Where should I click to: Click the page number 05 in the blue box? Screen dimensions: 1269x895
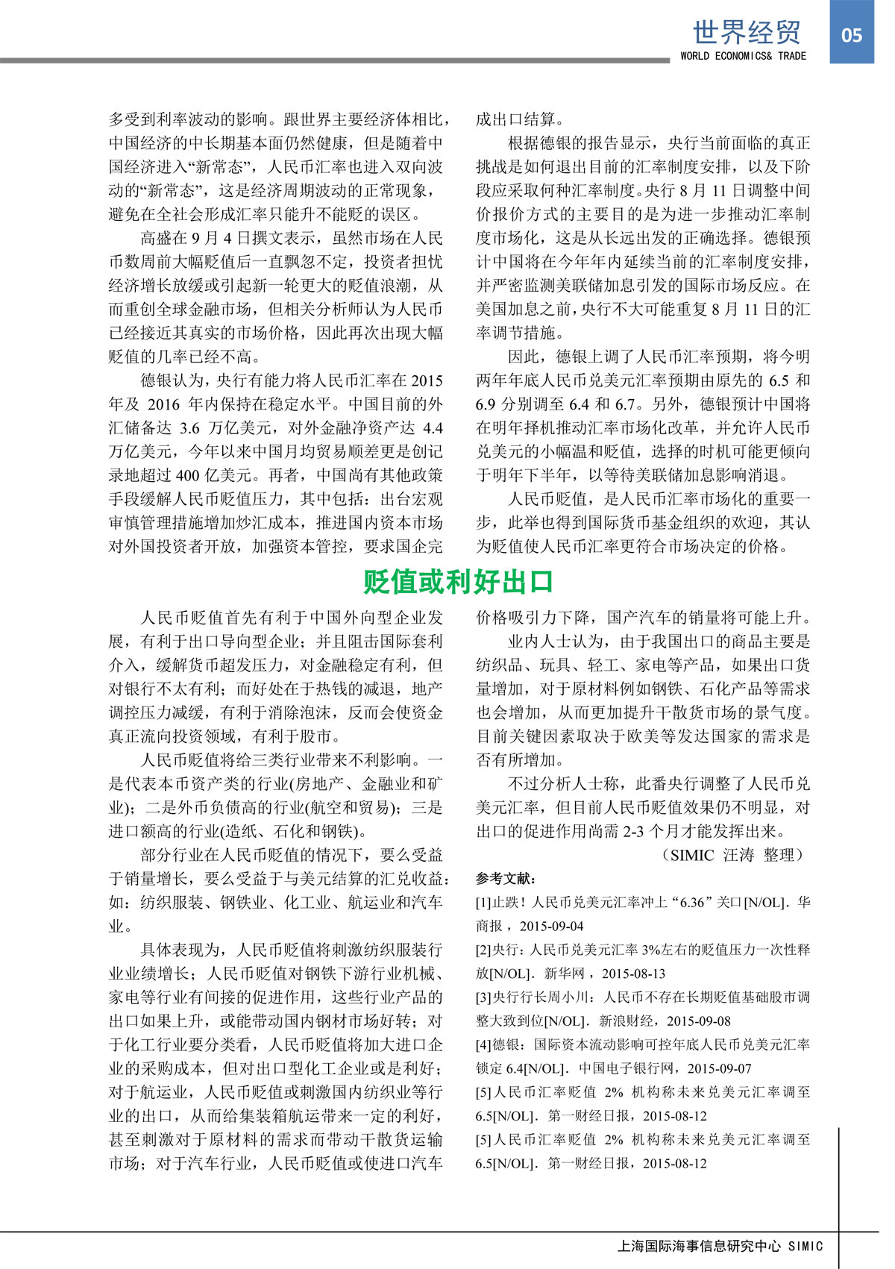click(851, 35)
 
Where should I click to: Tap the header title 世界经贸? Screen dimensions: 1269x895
click(746, 32)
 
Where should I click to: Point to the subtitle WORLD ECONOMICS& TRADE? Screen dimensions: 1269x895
click(743, 56)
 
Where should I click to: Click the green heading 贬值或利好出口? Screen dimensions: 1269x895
click(458, 582)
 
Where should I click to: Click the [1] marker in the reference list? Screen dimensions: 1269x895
click(483, 903)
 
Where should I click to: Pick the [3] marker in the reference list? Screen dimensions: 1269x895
click(483, 997)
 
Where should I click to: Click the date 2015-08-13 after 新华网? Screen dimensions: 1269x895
click(633, 974)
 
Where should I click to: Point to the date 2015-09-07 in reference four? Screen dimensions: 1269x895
click(719, 1068)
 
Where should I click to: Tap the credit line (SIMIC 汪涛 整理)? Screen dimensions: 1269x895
click(734, 855)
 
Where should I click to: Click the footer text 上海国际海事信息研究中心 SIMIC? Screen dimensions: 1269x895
click(720, 1246)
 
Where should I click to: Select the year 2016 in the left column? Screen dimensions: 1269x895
click(163, 404)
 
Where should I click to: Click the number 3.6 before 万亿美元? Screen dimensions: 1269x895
click(189, 428)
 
